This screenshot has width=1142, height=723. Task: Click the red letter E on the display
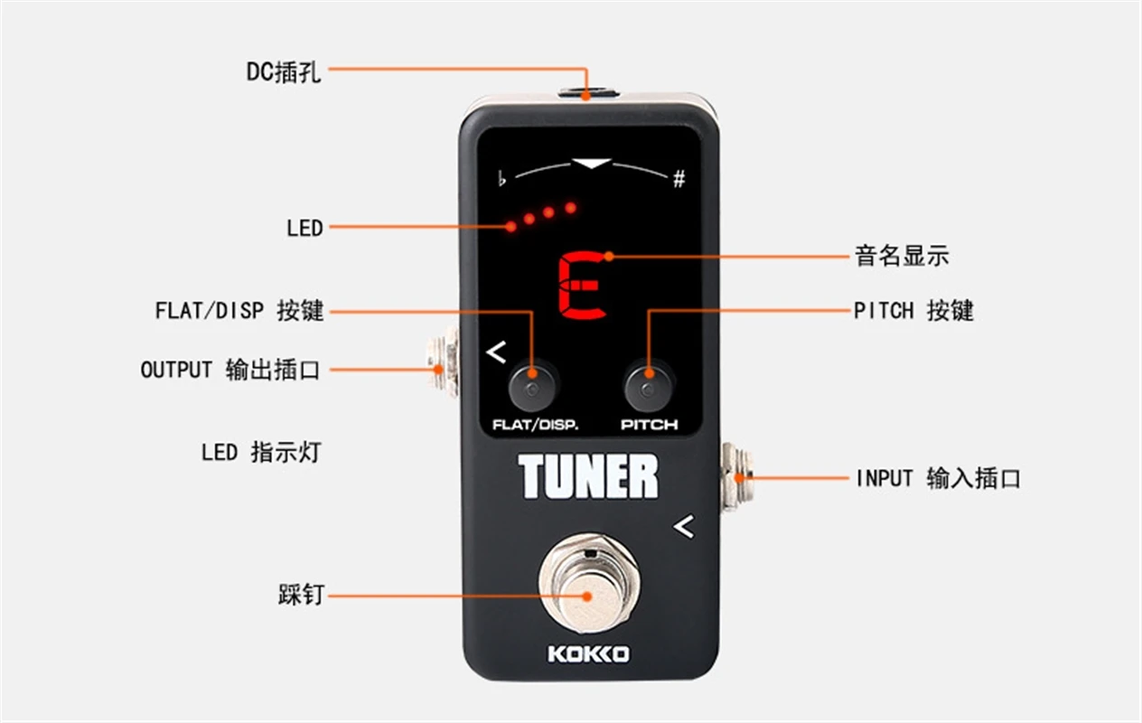582,286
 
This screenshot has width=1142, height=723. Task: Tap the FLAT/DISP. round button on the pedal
530,388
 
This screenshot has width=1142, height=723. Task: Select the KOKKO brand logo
588,653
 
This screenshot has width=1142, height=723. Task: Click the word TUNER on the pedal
588,477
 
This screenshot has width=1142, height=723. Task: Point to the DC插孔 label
284,71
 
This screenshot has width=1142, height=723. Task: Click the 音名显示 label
901,256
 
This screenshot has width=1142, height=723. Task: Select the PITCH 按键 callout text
913,311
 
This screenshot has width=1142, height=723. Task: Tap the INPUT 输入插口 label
937,478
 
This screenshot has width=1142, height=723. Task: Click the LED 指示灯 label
260,451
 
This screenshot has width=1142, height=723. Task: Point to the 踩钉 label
300,596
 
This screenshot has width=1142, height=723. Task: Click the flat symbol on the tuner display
502,178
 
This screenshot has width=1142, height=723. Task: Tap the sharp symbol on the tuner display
679,179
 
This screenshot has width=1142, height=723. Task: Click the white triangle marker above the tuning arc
593,164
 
